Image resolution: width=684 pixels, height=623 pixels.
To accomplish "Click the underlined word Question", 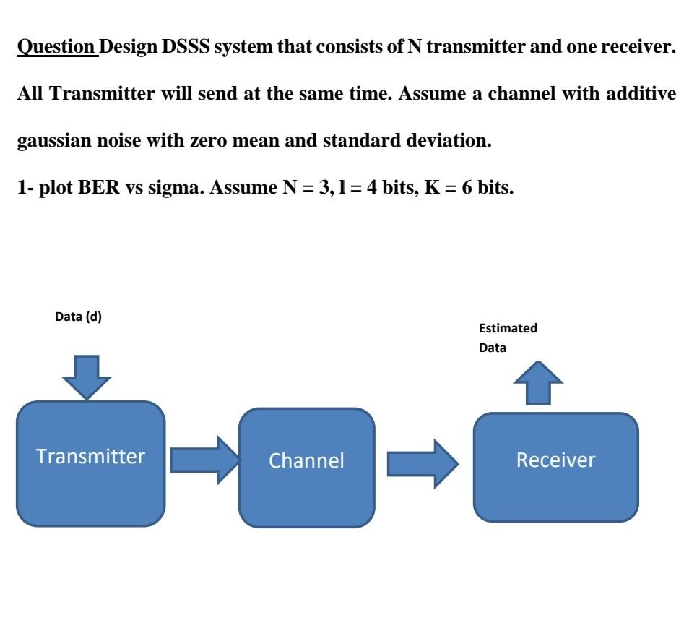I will tap(56, 48).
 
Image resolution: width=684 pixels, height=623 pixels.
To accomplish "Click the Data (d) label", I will tap(79, 317).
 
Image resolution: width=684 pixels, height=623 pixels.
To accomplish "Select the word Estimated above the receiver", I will tap(508, 328).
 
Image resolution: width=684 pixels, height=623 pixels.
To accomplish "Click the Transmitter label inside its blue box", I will tap(90, 457).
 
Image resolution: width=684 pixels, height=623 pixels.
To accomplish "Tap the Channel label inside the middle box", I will tap(306, 460).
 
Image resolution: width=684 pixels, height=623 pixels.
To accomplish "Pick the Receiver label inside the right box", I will tap(555, 460).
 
